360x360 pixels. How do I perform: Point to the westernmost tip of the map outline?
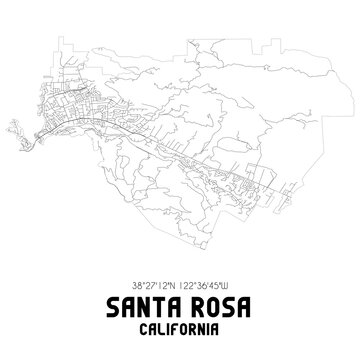coord(8,126)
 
